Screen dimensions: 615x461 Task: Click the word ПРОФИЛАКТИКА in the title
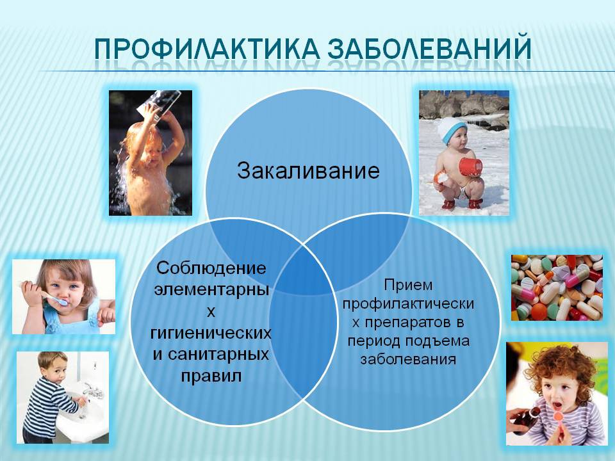pyautogui.click(x=206, y=49)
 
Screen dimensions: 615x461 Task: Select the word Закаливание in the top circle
pyautogui.click(x=308, y=171)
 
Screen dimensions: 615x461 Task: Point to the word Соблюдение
pyautogui.click(x=211, y=268)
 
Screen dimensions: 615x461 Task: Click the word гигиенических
pyautogui.click(x=211, y=333)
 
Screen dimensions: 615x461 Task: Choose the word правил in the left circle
pyautogui.click(x=211, y=376)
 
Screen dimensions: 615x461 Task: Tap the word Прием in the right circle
pyautogui.click(x=408, y=286)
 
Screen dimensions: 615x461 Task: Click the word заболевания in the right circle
pyautogui.click(x=408, y=359)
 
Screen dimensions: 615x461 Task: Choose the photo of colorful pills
pyautogui.click(x=557, y=287)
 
